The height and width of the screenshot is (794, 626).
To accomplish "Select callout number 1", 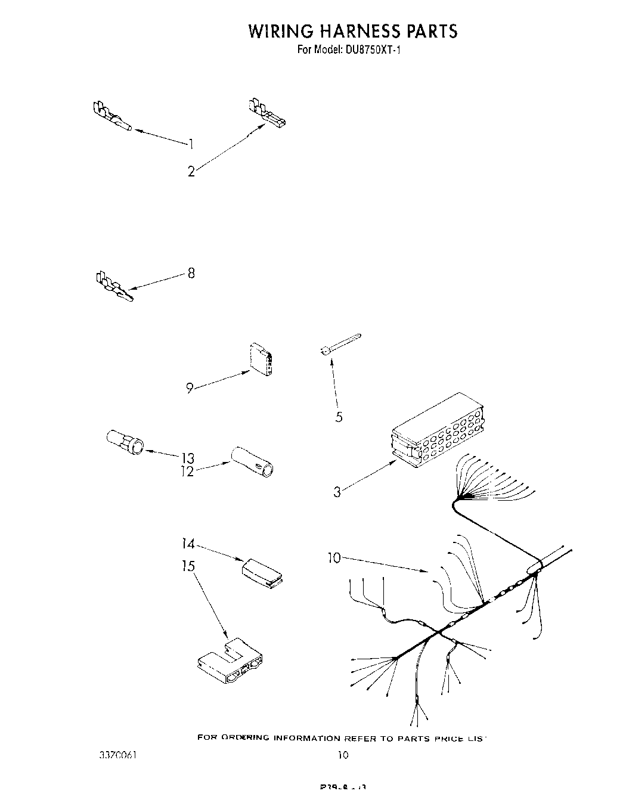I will click(x=191, y=143).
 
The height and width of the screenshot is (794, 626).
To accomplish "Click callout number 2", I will click(x=191, y=172).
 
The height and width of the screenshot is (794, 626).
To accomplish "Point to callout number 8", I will click(x=191, y=274).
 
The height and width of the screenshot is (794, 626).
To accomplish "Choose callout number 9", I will click(x=189, y=388).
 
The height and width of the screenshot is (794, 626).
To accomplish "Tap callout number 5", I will click(x=339, y=417).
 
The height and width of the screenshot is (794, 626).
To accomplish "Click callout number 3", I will click(x=337, y=492).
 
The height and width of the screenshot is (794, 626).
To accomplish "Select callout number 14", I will click(x=188, y=544).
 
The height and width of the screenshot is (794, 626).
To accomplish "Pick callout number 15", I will click(x=188, y=566).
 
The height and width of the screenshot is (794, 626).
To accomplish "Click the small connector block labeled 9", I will click(x=262, y=359).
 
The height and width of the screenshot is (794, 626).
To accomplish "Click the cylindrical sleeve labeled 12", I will click(x=253, y=461).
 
